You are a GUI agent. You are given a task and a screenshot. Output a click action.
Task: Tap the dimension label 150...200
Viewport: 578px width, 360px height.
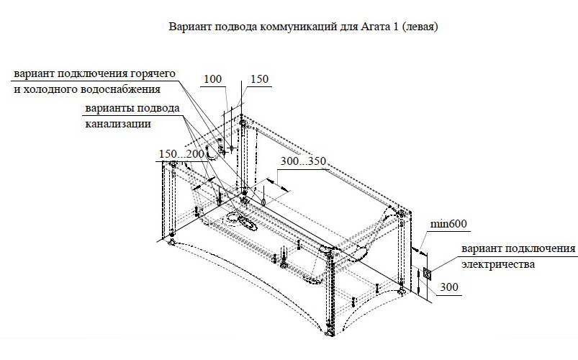coord(179,155)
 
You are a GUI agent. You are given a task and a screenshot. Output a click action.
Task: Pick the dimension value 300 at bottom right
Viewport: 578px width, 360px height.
coord(448,288)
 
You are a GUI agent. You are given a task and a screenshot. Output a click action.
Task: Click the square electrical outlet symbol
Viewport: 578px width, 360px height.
coord(428,274)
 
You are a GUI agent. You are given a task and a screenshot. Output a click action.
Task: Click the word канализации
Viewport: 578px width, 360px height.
coord(115,124)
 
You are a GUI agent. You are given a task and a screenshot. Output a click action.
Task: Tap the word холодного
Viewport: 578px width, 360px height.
coord(50,90)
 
